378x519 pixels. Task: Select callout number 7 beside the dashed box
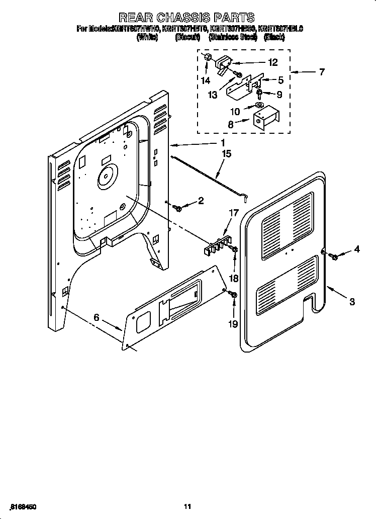pos(321,72)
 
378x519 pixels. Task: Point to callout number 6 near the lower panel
pos(97,317)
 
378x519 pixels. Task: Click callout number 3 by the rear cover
pos(352,302)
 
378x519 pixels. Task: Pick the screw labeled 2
pos(177,207)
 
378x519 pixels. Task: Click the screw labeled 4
pos(334,257)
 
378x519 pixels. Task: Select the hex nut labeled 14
pos(207,57)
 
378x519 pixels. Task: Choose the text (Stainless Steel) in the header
pos(233,37)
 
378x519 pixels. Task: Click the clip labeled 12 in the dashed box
pos(223,64)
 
